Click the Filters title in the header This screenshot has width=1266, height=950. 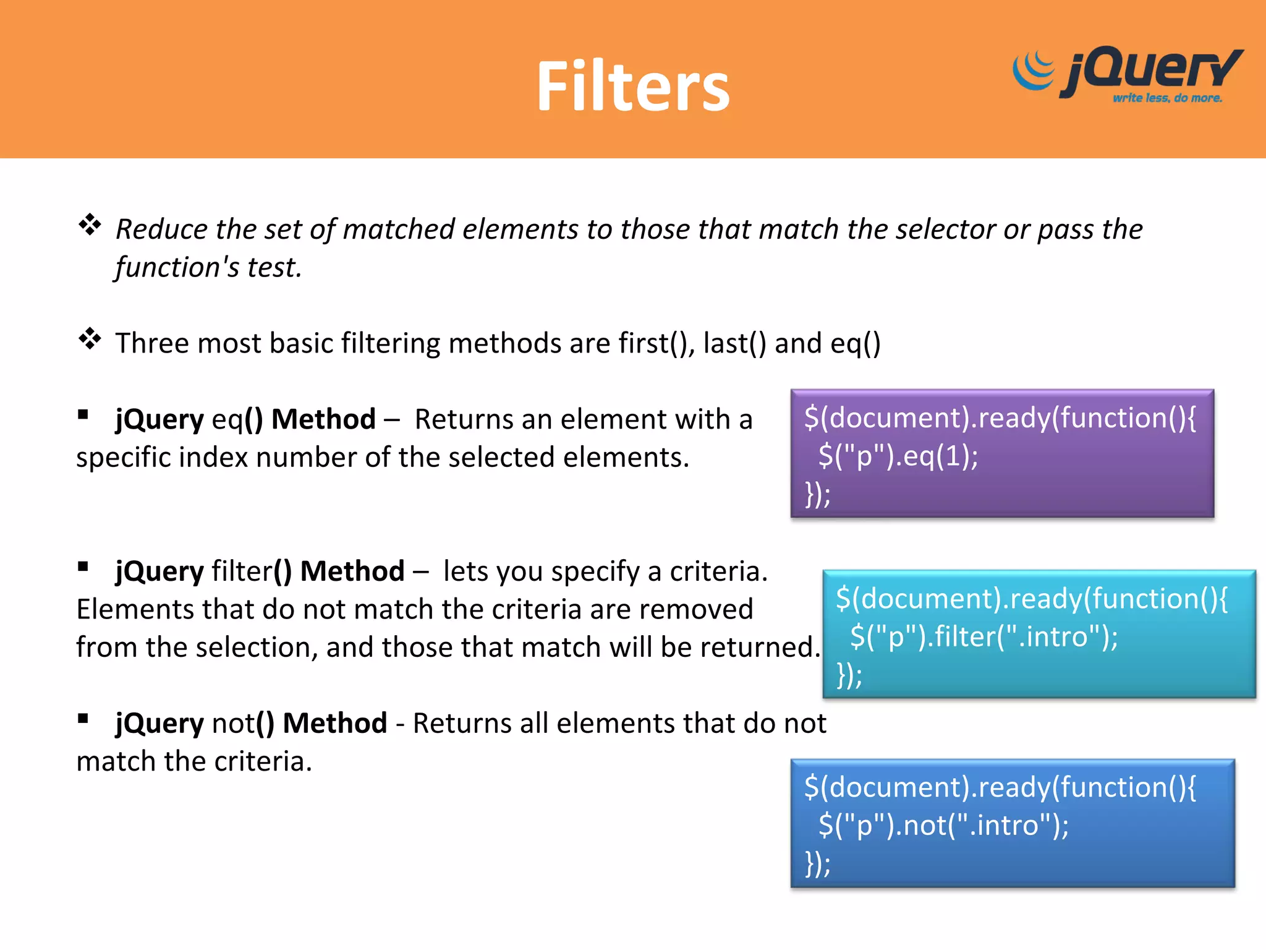(x=633, y=87)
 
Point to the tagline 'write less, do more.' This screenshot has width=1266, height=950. (x=1167, y=98)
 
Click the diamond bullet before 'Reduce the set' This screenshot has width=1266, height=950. (x=90, y=225)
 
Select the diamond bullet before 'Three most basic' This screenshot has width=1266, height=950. (x=90, y=339)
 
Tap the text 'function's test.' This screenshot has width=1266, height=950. (x=208, y=267)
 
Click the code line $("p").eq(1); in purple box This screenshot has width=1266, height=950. (x=898, y=456)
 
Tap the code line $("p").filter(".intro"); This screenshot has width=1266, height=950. (x=983, y=636)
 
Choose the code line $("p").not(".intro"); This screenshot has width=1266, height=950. (x=943, y=826)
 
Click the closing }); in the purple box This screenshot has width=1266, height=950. (x=817, y=494)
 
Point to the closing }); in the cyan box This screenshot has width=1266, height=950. (x=849, y=675)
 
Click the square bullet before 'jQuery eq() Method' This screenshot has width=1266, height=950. (x=83, y=414)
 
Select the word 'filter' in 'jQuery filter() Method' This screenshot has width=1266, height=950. (x=242, y=571)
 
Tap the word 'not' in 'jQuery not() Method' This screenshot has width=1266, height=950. (x=233, y=723)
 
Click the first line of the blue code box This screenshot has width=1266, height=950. (x=1000, y=787)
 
